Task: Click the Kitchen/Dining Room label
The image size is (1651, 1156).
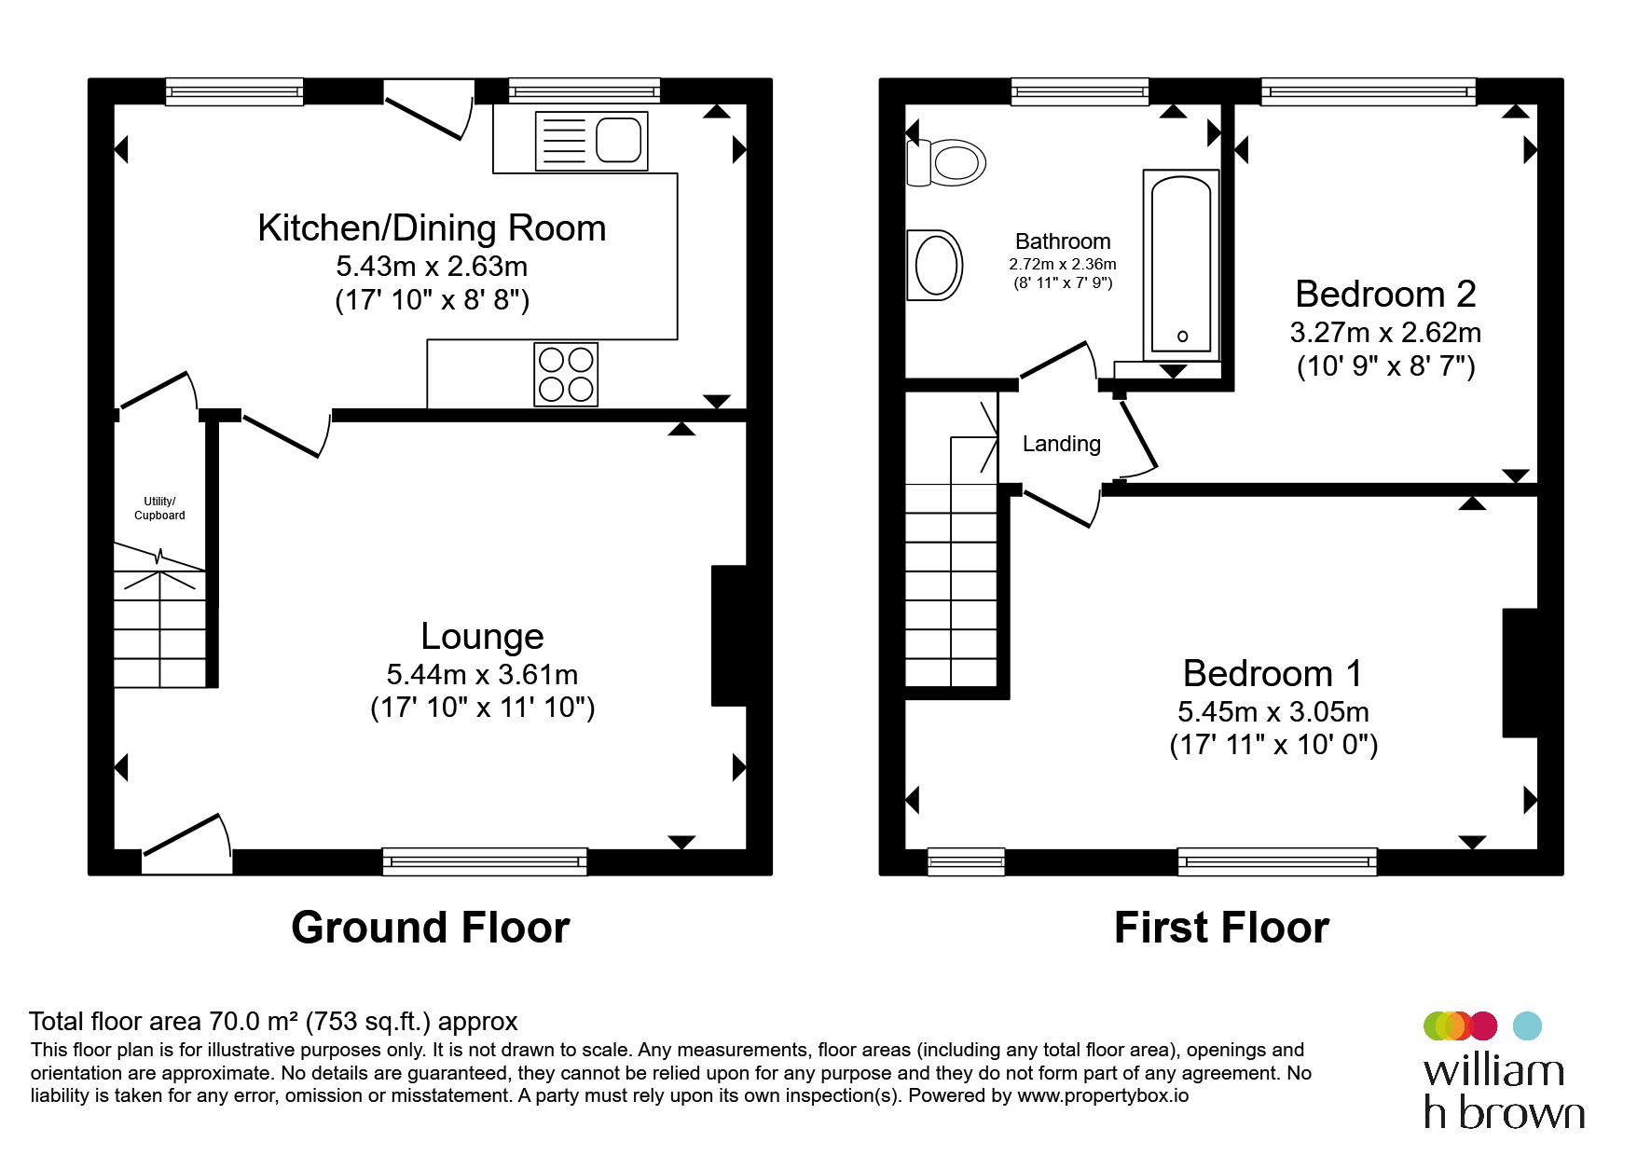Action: click(432, 228)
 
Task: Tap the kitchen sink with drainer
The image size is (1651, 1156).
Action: click(591, 141)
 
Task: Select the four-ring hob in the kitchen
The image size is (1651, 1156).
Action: click(566, 375)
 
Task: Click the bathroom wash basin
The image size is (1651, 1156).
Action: click(935, 265)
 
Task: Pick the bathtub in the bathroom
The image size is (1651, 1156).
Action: click(1181, 266)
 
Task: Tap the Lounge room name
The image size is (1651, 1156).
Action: click(482, 637)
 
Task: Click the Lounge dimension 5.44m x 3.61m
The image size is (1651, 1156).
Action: click(482, 674)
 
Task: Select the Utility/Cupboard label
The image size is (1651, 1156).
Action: click(159, 508)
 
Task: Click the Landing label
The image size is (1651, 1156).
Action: click(1062, 444)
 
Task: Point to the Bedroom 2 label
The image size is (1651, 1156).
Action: click(1385, 295)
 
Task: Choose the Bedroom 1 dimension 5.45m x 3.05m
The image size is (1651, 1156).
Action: click(1273, 712)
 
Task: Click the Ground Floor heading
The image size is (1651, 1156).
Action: click(431, 929)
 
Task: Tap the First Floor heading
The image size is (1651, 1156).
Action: click(1221, 929)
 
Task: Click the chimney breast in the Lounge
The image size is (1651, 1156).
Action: click(729, 635)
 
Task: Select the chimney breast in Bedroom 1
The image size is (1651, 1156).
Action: click(1520, 673)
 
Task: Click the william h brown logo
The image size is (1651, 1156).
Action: click(1504, 1070)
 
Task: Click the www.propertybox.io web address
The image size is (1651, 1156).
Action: click(1103, 1096)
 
